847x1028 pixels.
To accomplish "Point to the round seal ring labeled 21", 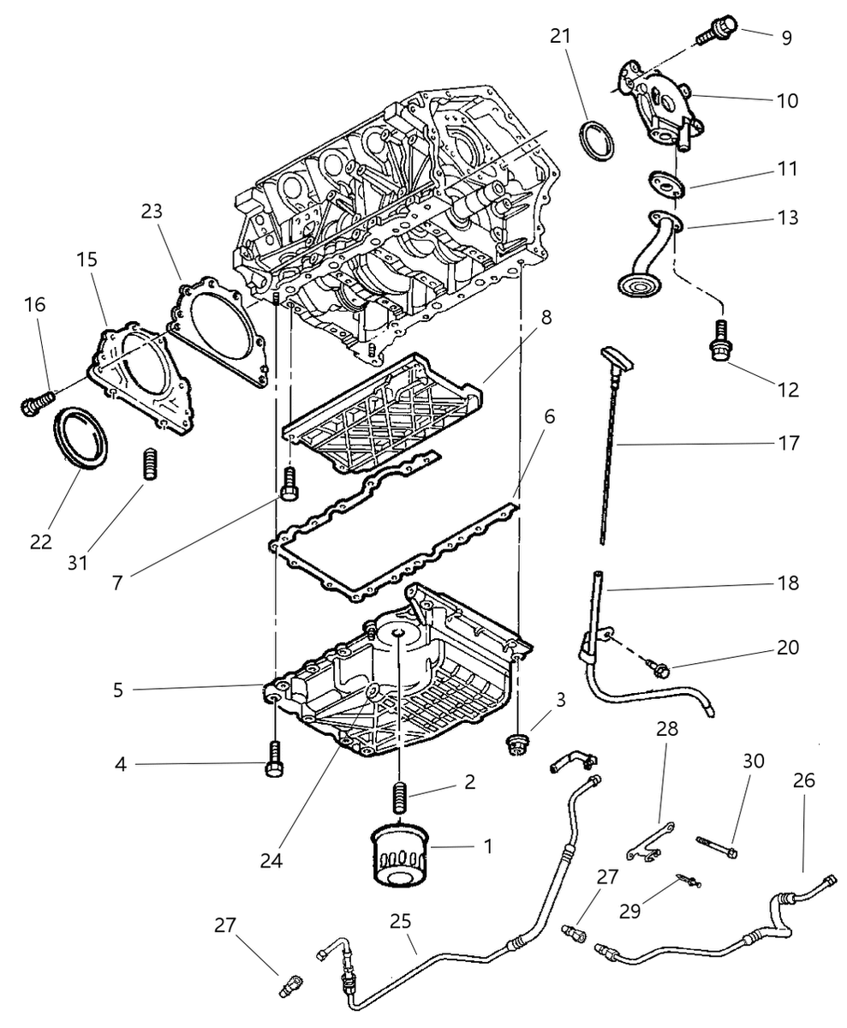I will coord(597,140).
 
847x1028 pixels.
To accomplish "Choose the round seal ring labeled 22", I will coord(83,438).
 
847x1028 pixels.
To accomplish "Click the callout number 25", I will coord(401,922).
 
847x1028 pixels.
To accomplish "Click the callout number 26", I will coord(804,781).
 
